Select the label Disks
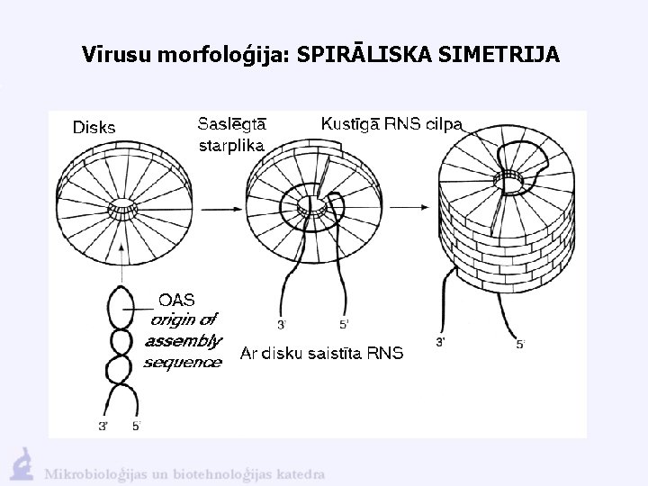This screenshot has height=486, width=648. [x=94, y=127]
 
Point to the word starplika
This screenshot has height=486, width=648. [x=230, y=145]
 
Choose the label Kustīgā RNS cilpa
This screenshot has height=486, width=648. [x=392, y=123]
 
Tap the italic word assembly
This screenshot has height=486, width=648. [x=183, y=340]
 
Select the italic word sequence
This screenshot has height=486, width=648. [x=183, y=362]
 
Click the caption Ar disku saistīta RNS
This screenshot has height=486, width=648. [x=322, y=353]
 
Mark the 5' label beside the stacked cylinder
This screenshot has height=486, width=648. [x=521, y=343]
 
